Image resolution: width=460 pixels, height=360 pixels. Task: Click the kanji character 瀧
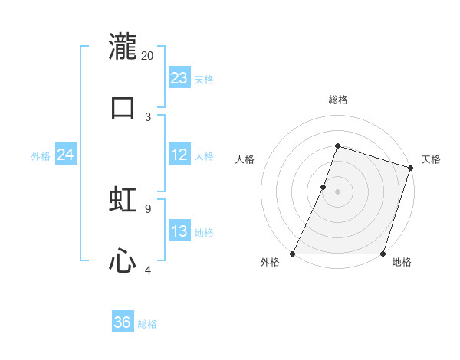[x=123, y=47]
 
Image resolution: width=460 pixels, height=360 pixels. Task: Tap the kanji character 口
[x=123, y=108]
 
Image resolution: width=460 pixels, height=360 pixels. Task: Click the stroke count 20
[x=148, y=55]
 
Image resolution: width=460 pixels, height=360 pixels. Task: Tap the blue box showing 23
[x=179, y=78]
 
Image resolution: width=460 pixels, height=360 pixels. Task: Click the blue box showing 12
[x=179, y=155]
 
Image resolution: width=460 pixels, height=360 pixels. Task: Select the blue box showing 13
[x=179, y=231]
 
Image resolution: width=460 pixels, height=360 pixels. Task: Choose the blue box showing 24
[x=66, y=155]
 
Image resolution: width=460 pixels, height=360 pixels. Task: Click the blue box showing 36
[x=123, y=322]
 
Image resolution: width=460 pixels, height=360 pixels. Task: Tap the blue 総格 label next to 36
[x=147, y=324]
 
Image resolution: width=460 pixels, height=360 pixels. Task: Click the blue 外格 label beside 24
[x=41, y=156]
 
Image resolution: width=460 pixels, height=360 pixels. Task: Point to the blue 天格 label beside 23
[x=204, y=80]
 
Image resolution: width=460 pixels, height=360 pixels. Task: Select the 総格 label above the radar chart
[x=337, y=100]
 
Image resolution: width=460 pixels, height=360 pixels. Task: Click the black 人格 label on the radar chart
[x=245, y=159]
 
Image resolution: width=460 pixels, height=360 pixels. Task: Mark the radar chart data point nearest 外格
[x=293, y=253]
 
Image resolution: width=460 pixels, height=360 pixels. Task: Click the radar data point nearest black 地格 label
[x=383, y=253]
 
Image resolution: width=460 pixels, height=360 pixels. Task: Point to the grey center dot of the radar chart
[x=337, y=191]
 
